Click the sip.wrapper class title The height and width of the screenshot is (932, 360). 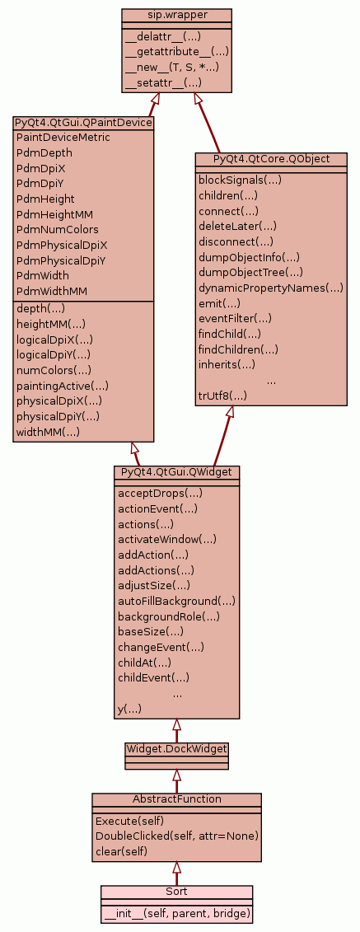click(176, 14)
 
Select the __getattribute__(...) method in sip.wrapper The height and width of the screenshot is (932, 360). click(177, 52)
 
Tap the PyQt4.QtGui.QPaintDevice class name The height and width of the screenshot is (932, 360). click(83, 123)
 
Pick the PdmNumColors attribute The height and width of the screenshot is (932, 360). click(58, 229)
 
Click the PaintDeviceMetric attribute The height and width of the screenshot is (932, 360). click(63, 138)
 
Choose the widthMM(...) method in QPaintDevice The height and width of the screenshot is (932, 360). click(48, 432)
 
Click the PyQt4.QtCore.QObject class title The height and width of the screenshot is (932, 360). click(271, 159)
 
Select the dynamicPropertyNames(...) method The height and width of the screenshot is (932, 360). click(271, 288)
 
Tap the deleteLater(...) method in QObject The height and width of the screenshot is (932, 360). click(237, 226)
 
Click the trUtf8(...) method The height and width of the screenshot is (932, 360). click(222, 396)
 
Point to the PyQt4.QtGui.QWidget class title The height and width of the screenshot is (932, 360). click(176, 471)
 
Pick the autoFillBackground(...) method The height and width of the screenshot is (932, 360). click(176, 601)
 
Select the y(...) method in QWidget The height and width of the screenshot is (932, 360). click(129, 710)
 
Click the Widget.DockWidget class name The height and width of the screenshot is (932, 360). click(176, 747)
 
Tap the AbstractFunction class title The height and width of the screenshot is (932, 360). click(176, 799)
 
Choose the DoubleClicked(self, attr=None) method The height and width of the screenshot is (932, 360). click(177, 836)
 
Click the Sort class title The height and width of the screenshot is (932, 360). click(176, 892)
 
